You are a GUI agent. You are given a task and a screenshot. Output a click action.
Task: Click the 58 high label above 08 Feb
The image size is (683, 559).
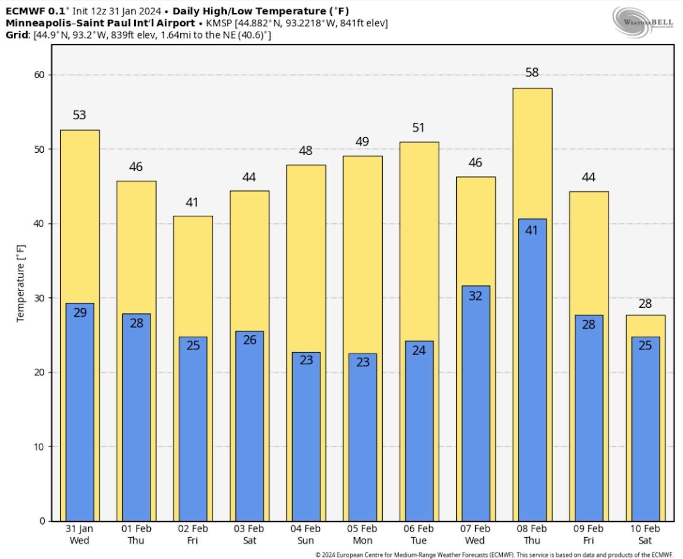[x=532, y=73]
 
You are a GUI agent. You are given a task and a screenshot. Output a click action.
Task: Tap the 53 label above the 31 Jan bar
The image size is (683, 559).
[x=79, y=115]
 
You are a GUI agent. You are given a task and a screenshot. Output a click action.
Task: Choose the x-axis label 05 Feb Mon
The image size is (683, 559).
[x=362, y=534]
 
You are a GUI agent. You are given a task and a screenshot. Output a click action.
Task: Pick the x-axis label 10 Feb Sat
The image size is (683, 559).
[x=645, y=534]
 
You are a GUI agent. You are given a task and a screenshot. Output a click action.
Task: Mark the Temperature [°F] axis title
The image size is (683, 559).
[x=20, y=284]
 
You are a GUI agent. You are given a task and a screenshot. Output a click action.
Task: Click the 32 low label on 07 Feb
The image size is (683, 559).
[x=475, y=296]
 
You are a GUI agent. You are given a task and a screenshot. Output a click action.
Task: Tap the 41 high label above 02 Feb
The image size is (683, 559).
[x=192, y=202]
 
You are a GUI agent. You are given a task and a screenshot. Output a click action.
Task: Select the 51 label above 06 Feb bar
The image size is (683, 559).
[x=418, y=128]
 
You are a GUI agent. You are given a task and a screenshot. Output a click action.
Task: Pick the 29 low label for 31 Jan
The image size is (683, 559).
[x=80, y=313]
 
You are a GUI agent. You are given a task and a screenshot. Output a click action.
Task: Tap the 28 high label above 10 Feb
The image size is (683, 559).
[x=645, y=303]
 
